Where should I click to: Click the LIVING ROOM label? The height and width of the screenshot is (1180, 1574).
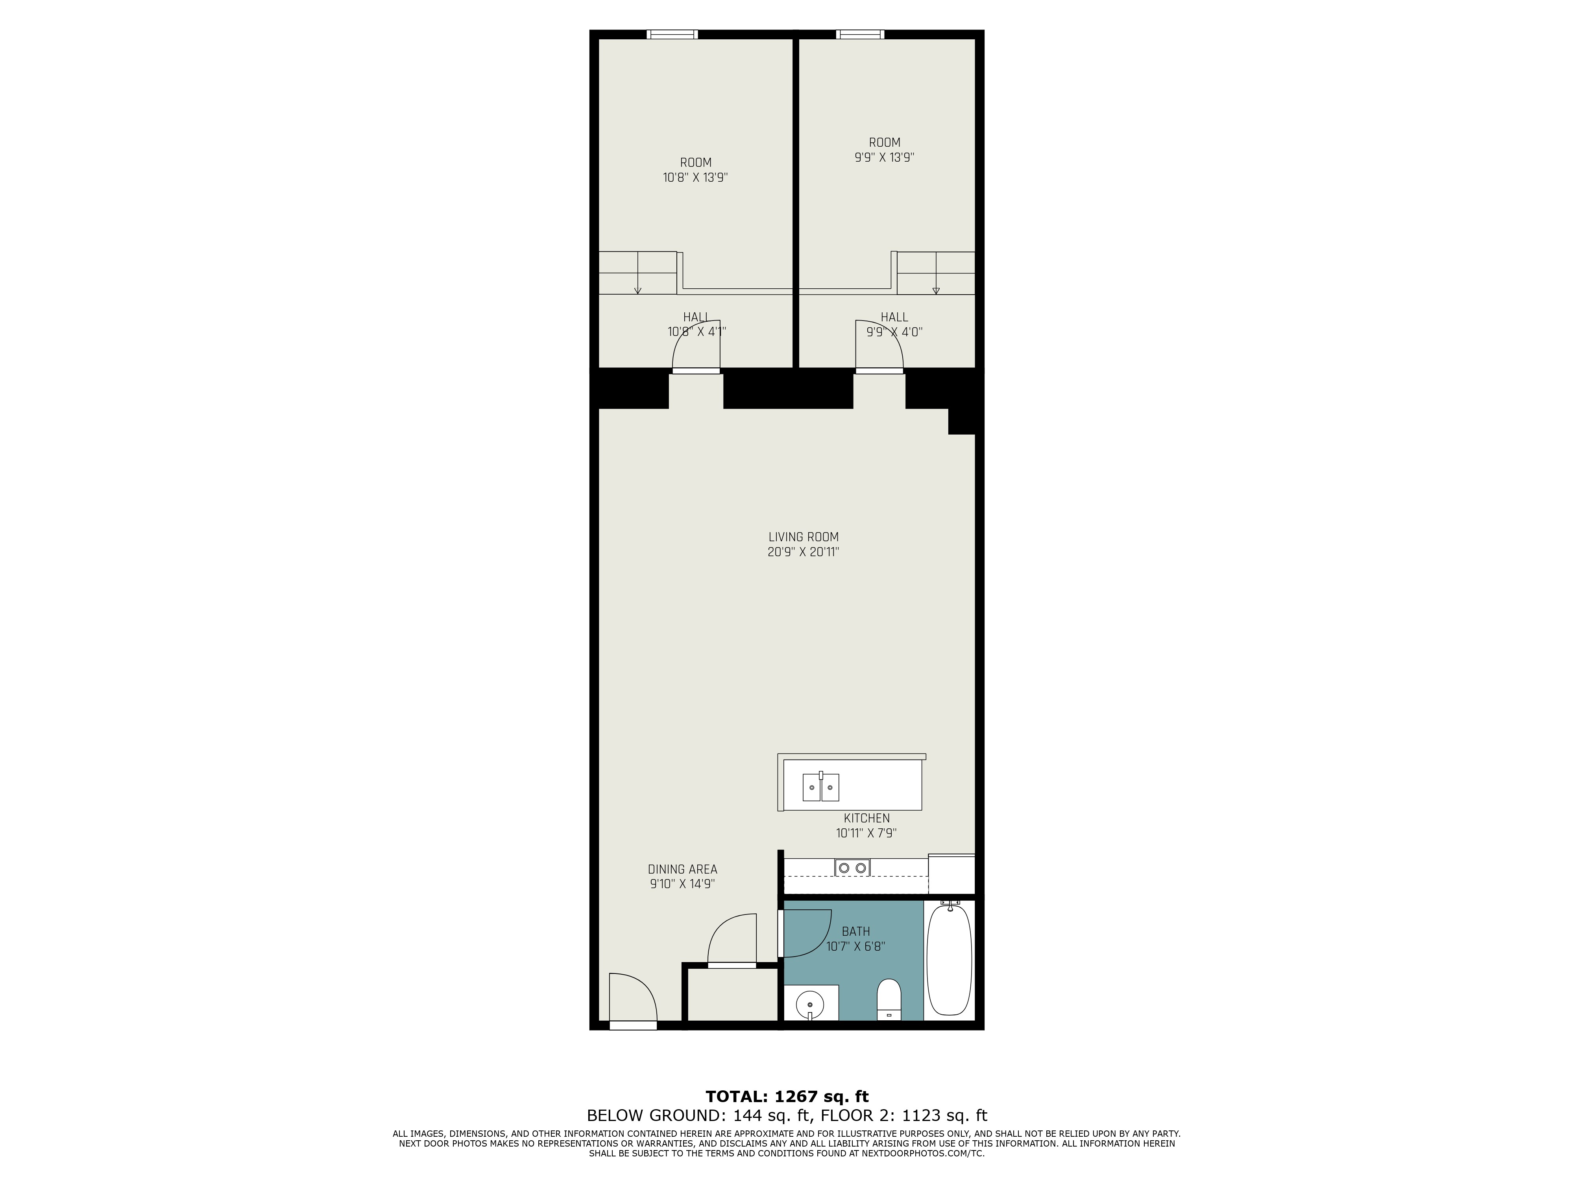click(804, 537)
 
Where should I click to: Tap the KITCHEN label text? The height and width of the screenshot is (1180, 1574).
click(867, 819)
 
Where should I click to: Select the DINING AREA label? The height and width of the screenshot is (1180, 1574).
click(682, 869)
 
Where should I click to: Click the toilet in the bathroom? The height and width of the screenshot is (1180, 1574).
click(889, 999)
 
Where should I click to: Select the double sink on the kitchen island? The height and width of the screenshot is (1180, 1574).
click(821, 787)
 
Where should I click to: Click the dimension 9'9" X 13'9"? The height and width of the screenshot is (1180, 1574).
click(885, 157)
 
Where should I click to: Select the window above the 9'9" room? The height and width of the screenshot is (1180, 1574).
click(860, 34)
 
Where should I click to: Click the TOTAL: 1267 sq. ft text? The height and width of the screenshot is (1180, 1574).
click(787, 1096)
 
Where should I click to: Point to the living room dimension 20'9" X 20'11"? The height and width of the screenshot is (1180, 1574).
click(804, 552)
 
